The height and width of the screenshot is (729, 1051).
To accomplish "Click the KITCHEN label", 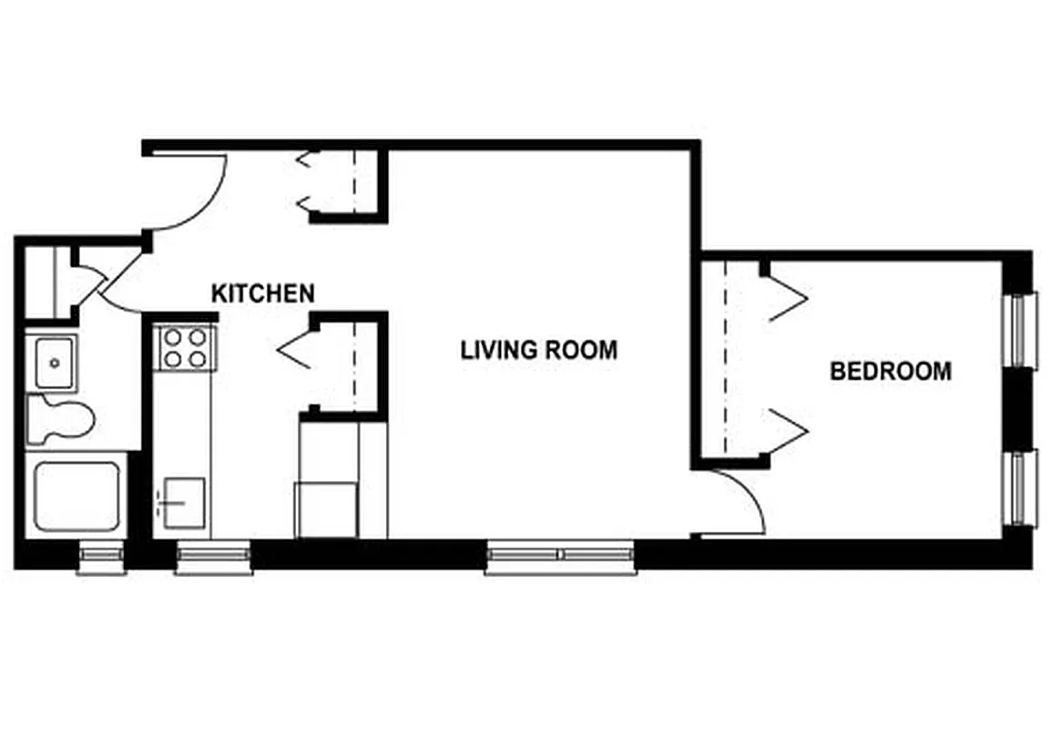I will point(263,293).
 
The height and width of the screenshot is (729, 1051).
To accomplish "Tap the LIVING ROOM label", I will point(538,350).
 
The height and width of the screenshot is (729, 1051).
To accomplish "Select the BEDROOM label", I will point(891,372).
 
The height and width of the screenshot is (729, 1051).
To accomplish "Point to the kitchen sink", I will point(183,501).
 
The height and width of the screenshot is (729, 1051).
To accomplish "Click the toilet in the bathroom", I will point(61,420).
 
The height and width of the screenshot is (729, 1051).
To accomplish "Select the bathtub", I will point(77,497).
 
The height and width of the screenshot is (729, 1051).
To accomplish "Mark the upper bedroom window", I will point(1021,329).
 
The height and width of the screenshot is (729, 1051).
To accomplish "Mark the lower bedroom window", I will point(1021,488).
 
